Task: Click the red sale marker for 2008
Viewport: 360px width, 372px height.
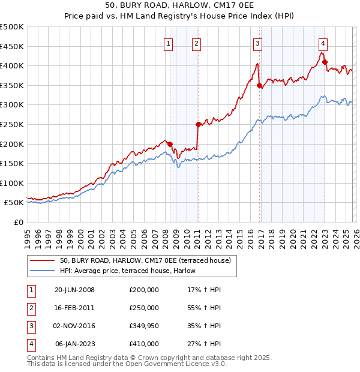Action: pos(170,144)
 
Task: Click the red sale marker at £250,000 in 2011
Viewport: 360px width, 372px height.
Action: pos(198,124)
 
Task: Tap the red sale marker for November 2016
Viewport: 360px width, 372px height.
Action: pos(259,86)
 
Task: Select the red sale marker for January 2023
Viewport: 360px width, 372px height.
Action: pos(325,62)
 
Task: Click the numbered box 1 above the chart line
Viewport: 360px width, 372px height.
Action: pos(168,43)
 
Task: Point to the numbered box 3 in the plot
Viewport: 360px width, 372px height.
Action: pos(257,43)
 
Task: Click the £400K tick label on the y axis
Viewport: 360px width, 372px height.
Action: pos(12,65)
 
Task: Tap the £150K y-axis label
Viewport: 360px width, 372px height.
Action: pos(12,163)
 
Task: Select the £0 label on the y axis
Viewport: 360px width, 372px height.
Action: pos(18,222)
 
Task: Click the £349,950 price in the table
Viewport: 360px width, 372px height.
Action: pos(144,326)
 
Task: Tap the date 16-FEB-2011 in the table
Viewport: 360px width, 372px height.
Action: pos(74,308)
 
